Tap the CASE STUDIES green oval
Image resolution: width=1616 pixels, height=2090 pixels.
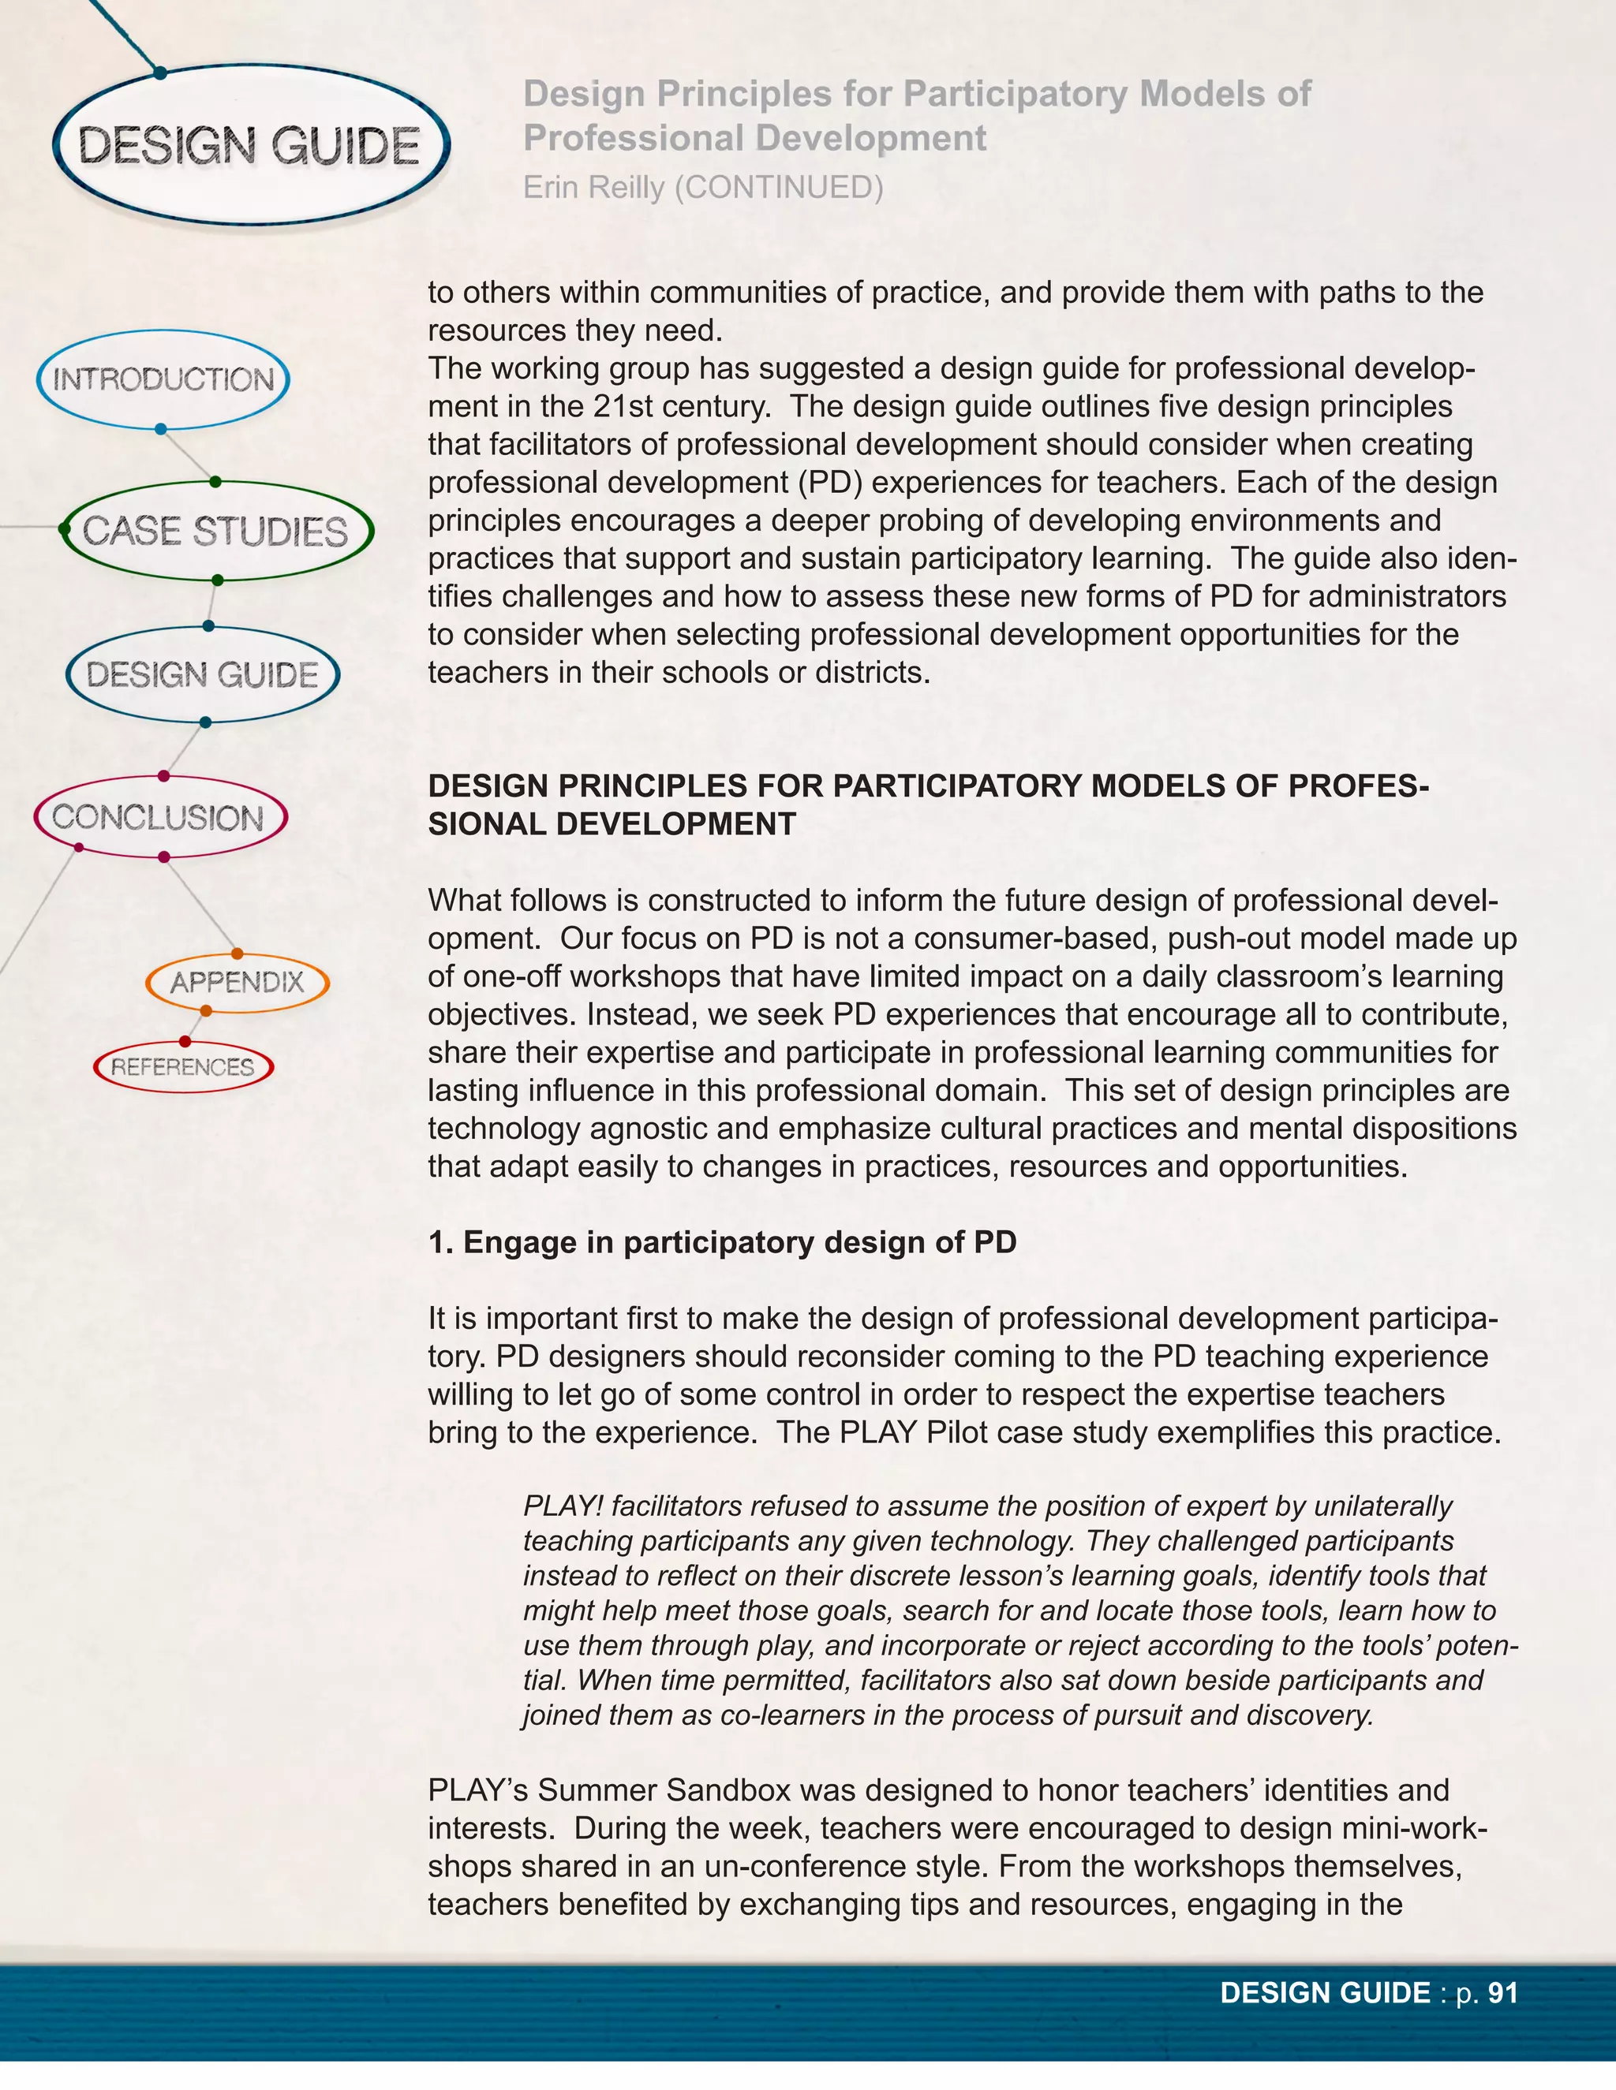(x=215, y=531)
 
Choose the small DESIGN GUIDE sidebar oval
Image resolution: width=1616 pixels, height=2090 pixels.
(x=202, y=674)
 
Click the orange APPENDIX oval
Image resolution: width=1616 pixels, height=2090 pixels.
(x=237, y=982)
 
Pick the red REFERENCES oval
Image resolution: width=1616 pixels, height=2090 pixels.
(x=183, y=1067)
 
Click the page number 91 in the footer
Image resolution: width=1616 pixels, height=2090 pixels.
(x=1503, y=1993)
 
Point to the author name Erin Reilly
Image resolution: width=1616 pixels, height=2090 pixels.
(x=593, y=188)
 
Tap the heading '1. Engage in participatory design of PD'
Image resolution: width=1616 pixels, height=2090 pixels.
(x=722, y=1242)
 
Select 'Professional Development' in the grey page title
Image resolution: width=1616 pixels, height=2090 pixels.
(x=754, y=139)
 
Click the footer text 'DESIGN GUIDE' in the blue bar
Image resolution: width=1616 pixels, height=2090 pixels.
(x=1325, y=1993)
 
